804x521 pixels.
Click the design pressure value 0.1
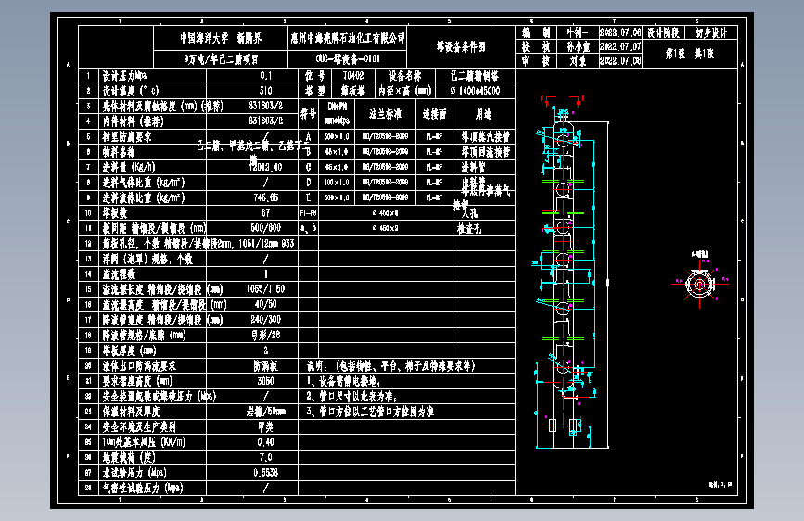pyautogui.click(x=266, y=76)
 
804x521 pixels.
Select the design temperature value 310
pyautogui.click(x=266, y=91)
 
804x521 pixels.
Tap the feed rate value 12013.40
pyautogui.click(x=266, y=167)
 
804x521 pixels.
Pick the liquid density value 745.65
pyautogui.click(x=266, y=197)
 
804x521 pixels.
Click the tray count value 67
pyautogui.click(x=266, y=212)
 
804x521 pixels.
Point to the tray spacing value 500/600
pyautogui.click(x=266, y=227)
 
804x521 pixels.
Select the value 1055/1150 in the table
pyautogui.click(x=266, y=288)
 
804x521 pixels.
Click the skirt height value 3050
pyautogui.click(x=266, y=380)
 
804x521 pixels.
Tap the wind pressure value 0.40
pyautogui.click(x=266, y=441)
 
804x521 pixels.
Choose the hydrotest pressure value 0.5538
pyautogui.click(x=266, y=472)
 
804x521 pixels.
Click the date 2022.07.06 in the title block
pyautogui.click(x=621, y=32)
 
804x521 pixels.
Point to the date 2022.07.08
pyautogui.click(x=621, y=60)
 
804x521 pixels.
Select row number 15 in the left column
pyautogui.click(x=88, y=288)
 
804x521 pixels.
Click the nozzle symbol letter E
pyautogui.click(x=307, y=197)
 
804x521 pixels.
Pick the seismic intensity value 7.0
pyautogui.click(x=266, y=456)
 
